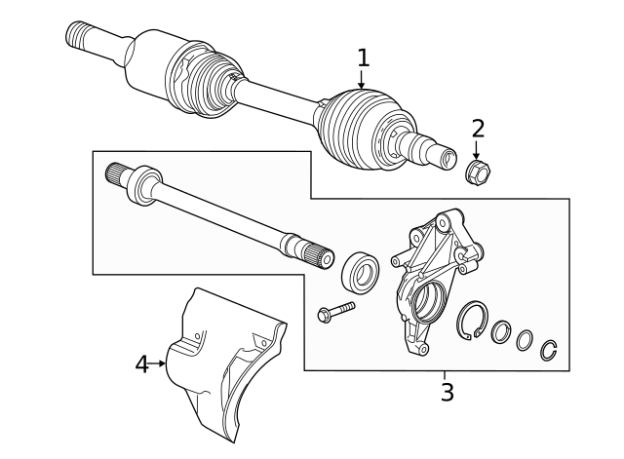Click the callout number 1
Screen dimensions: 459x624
click(x=363, y=58)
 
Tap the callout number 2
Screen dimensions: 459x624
click(x=477, y=128)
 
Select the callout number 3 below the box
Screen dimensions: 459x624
click(x=447, y=393)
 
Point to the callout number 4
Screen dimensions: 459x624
click(x=141, y=363)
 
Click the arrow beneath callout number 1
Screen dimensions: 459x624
click(x=362, y=83)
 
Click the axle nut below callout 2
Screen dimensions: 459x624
click(x=478, y=173)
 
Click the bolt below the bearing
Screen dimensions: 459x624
click(x=334, y=312)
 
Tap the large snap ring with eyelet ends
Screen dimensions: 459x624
click(x=473, y=322)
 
